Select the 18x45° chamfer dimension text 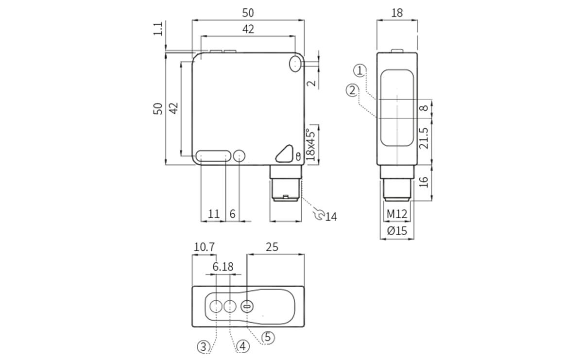[x=311, y=144]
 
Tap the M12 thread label [x=397, y=214]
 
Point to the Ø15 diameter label [x=397, y=231]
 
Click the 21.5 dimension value [x=424, y=138]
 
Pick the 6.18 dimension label [x=223, y=267]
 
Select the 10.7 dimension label [x=204, y=247]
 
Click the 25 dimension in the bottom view [x=272, y=247]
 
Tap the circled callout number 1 [x=360, y=71]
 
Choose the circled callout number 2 [x=353, y=90]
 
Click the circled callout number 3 [x=204, y=346]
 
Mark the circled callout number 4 [x=243, y=346]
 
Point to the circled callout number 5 [x=268, y=337]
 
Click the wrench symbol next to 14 [x=319, y=214]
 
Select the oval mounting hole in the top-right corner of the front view [x=295, y=64]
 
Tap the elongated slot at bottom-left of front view [x=214, y=156]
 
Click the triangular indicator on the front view [x=284, y=154]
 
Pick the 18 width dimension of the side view [x=397, y=13]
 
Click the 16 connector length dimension [x=424, y=182]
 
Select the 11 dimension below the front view [x=214, y=214]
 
